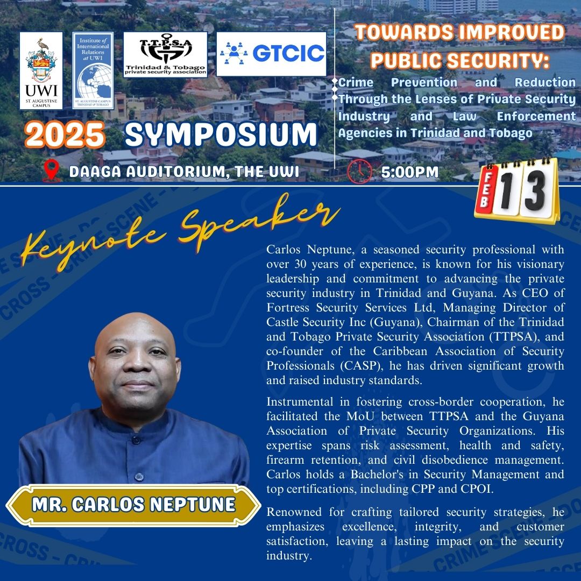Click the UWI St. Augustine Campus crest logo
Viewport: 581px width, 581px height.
pyautogui.click(x=41, y=70)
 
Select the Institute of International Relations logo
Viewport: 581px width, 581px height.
pyautogui.click(x=93, y=70)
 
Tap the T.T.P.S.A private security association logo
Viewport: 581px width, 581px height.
pyautogui.click(x=165, y=54)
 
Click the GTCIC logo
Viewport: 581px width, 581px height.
pyautogui.click(x=271, y=53)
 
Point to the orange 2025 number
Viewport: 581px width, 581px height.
pyautogui.click(x=65, y=135)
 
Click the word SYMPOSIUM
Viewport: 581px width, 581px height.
pyautogui.click(x=221, y=135)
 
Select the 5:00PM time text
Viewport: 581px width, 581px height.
pyautogui.click(x=410, y=172)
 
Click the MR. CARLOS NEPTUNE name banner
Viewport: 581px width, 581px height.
pyautogui.click(x=133, y=505)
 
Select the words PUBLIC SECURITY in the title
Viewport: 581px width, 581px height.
pyautogui.click(x=460, y=60)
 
